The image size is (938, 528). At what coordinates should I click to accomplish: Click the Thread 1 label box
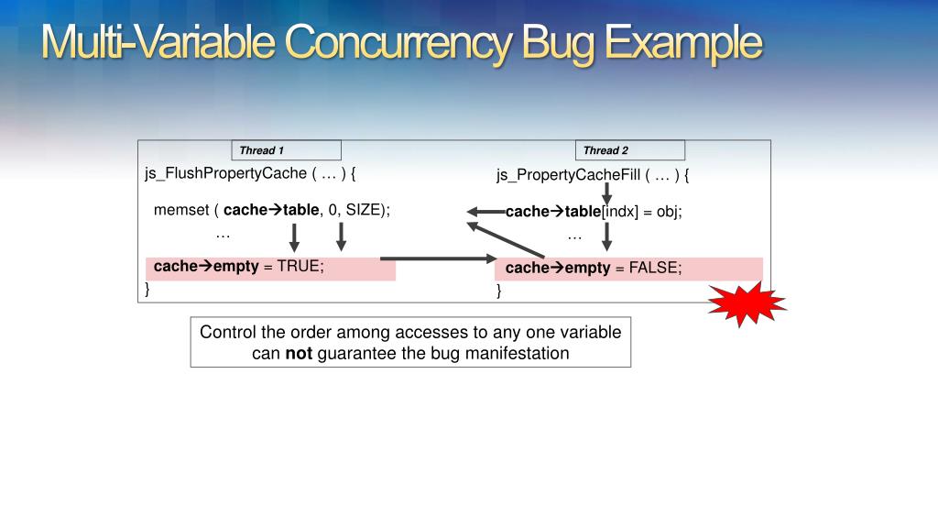pos(286,150)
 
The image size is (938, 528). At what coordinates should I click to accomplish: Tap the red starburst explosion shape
pos(747,303)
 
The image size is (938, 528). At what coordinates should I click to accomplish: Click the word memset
pos(181,210)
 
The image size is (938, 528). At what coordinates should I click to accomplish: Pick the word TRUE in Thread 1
pos(300,267)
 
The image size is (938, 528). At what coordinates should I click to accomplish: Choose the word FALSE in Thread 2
pos(655,268)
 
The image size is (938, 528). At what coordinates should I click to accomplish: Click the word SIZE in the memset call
pos(363,210)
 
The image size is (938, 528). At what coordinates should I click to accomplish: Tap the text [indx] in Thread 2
pos(620,212)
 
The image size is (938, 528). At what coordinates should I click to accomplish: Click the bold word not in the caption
pos(299,353)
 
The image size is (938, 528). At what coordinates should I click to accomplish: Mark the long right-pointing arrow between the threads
pos(437,258)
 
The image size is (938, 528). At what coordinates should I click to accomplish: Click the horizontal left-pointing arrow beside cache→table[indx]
pos(486,212)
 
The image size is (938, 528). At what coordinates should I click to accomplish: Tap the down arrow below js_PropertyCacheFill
pos(606,193)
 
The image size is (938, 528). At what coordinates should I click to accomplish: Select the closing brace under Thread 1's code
pos(147,289)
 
